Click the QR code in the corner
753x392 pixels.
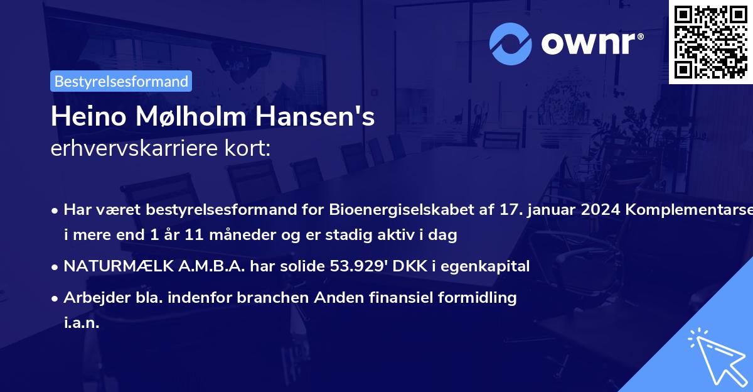click(x=710, y=41)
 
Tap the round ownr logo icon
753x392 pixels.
click(x=510, y=43)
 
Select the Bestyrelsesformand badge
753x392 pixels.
click(x=121, y=81)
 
